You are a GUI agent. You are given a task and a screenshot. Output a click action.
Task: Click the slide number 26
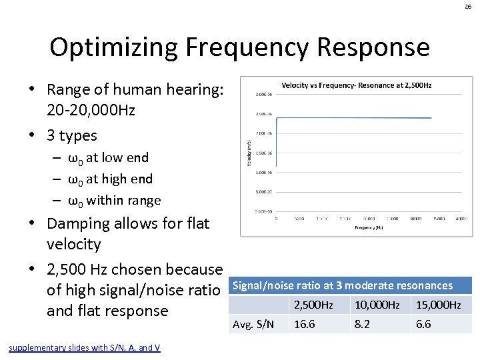point(468,7)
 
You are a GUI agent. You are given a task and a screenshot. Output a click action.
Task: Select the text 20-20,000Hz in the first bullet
point(91,110)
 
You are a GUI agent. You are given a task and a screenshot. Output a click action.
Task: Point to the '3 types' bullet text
point(71,135)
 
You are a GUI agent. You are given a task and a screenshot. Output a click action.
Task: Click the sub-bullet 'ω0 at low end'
point(108,158)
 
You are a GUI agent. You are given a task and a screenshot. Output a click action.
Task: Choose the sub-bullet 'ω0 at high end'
point(110,179)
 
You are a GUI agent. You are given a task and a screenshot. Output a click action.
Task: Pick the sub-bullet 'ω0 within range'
point(114,200)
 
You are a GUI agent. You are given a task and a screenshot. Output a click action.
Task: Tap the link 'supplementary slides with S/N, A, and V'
point(84,347)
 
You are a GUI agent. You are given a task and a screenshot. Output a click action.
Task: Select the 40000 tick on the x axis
point(415,218)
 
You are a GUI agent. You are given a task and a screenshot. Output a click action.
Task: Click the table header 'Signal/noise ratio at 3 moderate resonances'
point(342,285)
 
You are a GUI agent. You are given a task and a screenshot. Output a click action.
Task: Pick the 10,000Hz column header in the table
point(377,305)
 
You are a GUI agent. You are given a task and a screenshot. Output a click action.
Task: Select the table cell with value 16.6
point(305,324)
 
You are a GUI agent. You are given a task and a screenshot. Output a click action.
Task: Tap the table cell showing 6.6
point(424,324)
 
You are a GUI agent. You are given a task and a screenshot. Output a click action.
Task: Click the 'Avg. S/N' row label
point(252,324)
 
